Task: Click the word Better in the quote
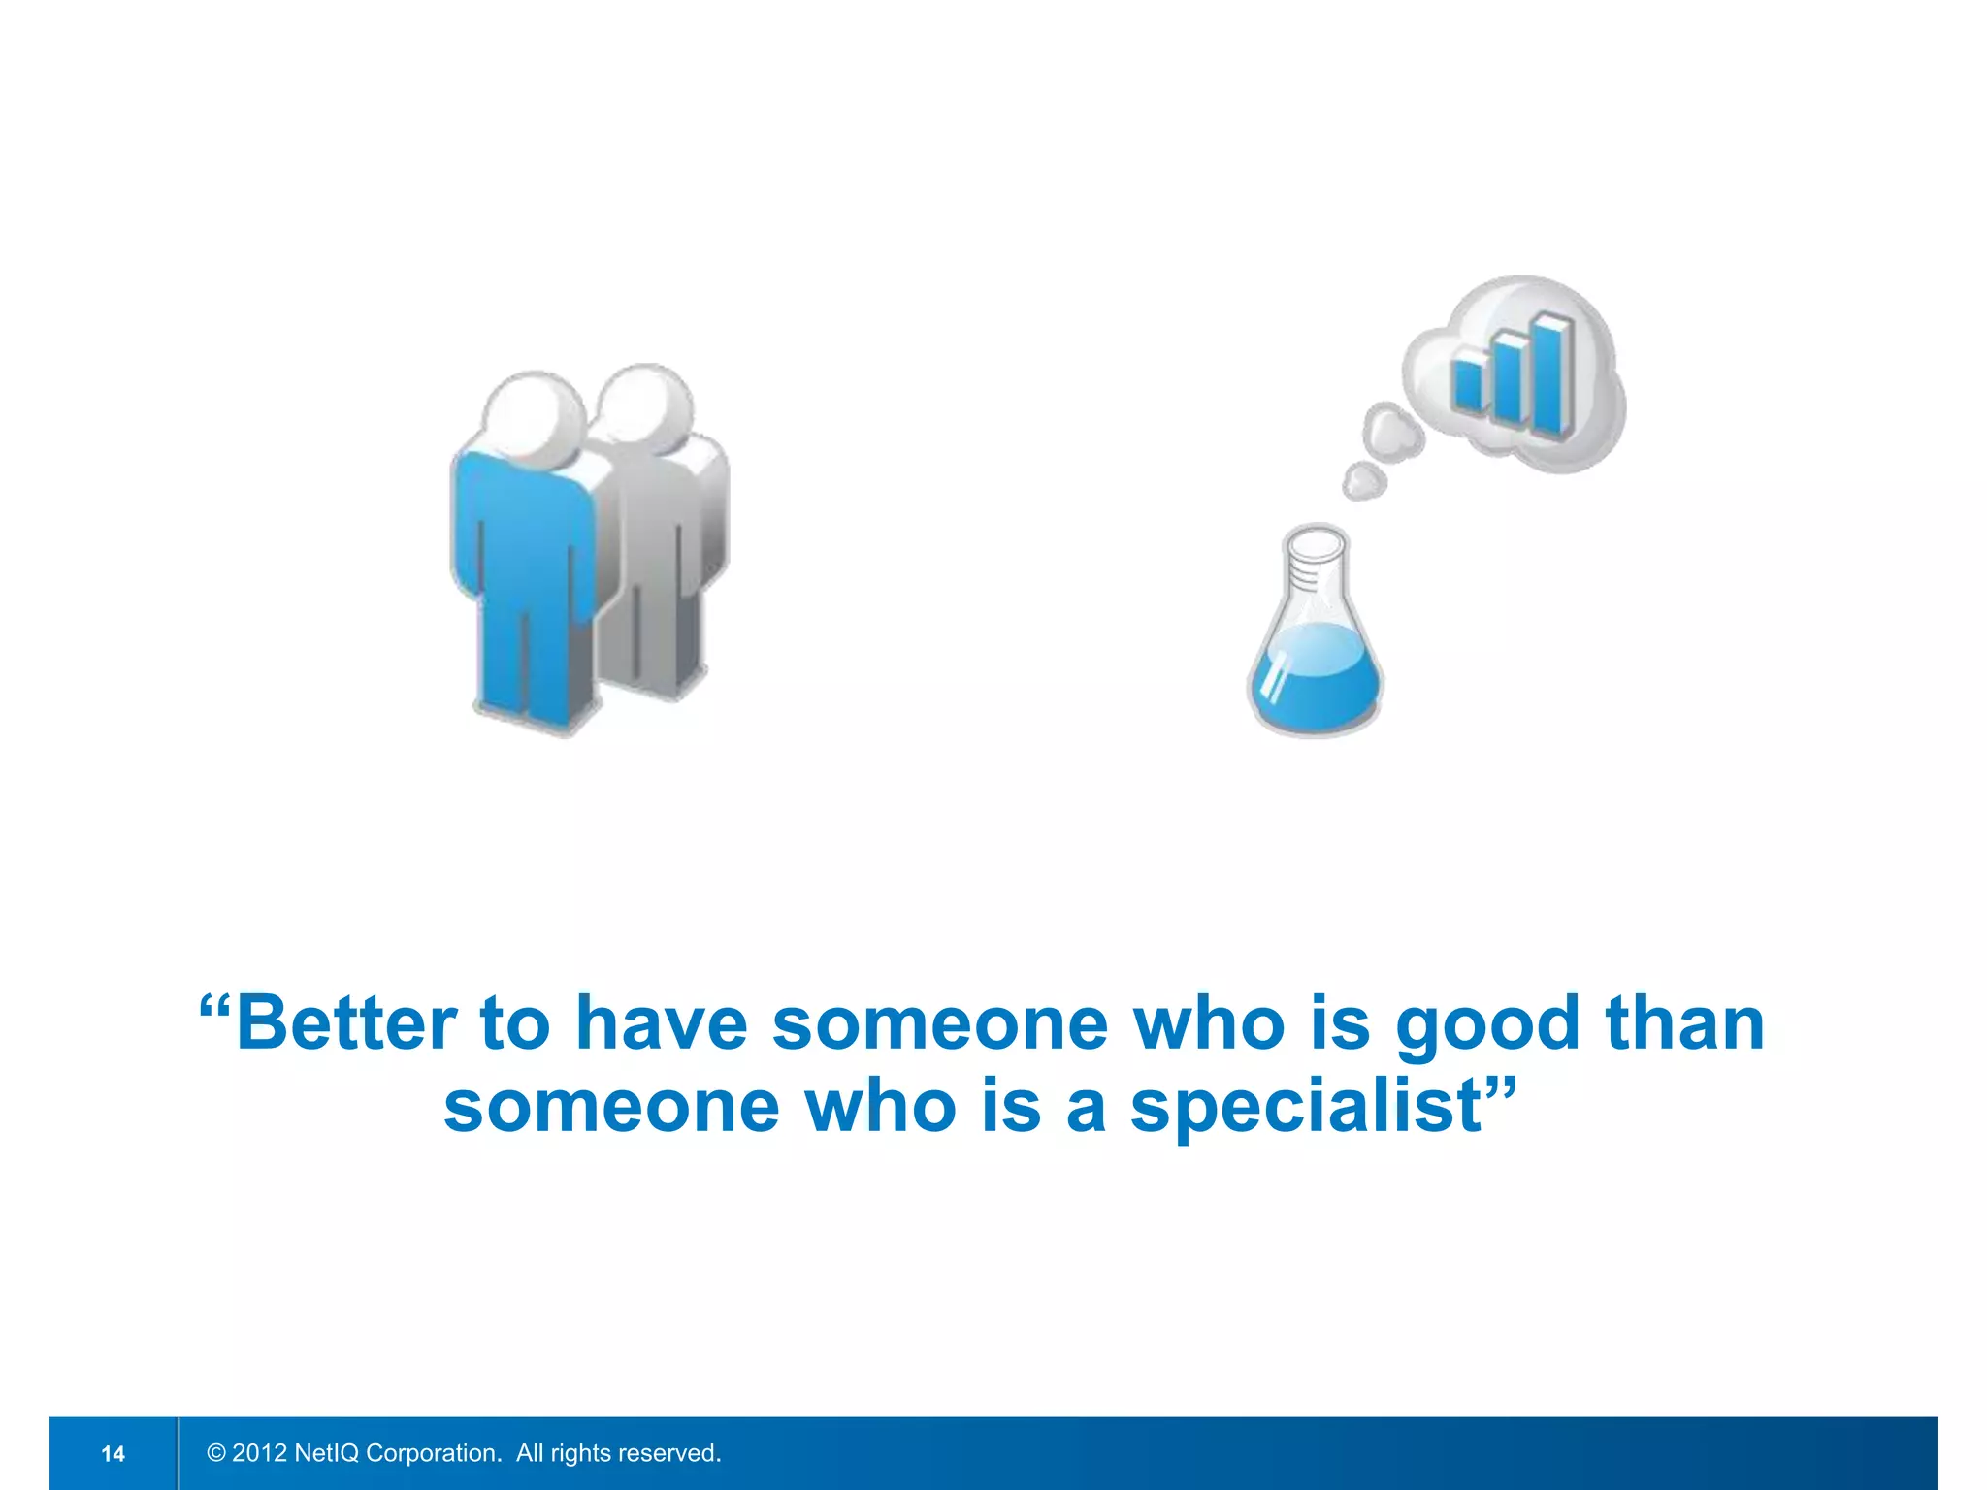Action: tap(346, 1023)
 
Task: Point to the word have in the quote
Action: tap(662, 1023)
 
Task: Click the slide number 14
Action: tap(113, 1453)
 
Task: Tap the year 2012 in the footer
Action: tap(259, 1453)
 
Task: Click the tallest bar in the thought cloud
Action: tap(1550, 373)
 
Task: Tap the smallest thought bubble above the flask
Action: tap(1364, 479)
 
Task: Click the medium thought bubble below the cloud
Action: tap(1393, 433)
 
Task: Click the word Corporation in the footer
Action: tap(433, 1453)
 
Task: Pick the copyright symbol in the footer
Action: tap(216, 1453)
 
